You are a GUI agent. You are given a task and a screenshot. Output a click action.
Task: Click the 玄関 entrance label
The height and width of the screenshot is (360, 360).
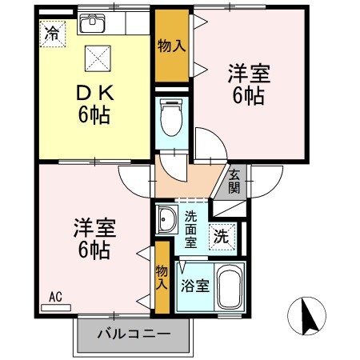click(234, 182)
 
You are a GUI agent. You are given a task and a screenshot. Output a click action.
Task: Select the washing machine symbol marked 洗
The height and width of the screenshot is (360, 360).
click(221, 236)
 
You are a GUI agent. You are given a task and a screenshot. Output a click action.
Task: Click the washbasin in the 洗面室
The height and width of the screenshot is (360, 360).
click(167, 219)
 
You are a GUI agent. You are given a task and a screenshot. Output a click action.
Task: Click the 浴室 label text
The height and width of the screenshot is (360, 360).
click(194, 285)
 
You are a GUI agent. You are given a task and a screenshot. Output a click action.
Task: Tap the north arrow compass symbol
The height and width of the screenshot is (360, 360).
click(309, 318)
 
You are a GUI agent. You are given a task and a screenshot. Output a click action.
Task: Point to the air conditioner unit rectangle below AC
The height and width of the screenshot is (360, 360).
click(56, 306)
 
